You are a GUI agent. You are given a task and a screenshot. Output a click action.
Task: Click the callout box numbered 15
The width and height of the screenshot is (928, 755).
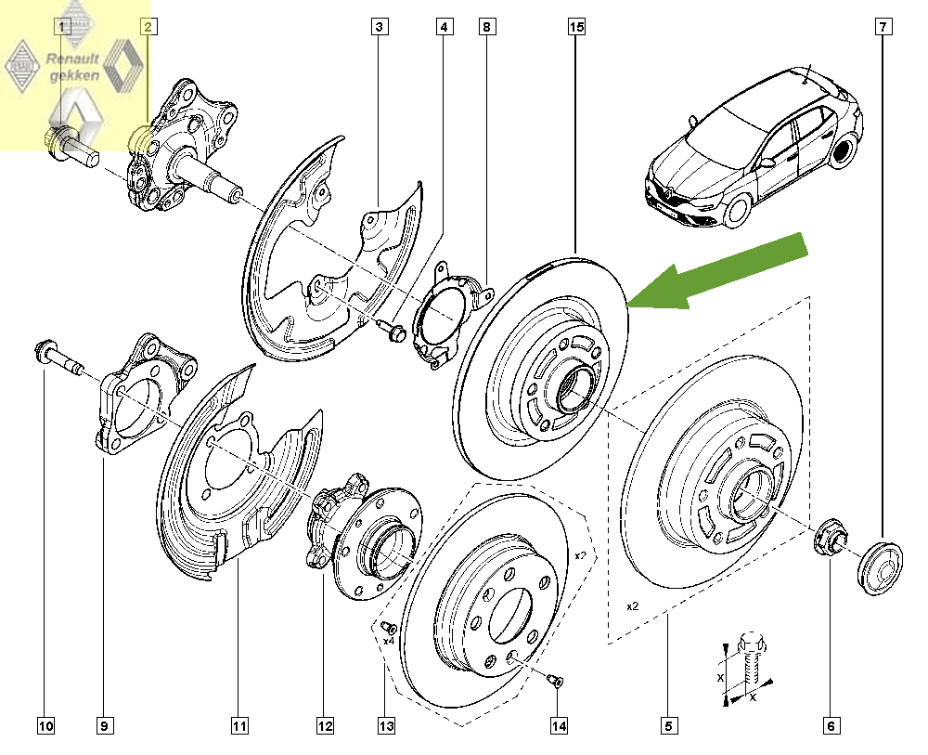(x=576, y=27)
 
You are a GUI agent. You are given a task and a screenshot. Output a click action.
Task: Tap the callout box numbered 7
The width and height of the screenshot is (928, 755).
(x=883, y=27)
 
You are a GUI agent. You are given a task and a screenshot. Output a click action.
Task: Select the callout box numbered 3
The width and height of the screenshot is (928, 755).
(x=379, y=27)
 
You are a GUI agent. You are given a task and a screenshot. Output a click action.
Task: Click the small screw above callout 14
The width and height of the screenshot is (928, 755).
(x=554, y=681)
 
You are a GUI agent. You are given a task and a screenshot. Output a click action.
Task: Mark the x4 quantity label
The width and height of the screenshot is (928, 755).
(x=388, y=641)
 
